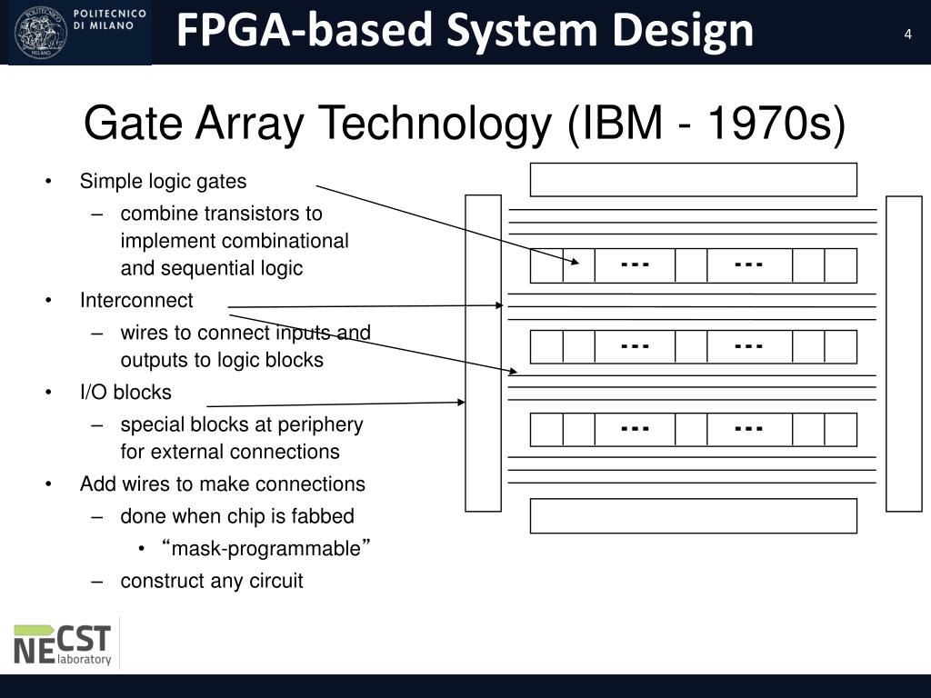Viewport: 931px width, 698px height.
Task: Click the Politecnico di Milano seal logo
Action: click(41, 32)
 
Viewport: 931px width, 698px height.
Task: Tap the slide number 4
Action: click(907, 35)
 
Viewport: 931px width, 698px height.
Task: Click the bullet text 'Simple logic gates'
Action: click(163, 181)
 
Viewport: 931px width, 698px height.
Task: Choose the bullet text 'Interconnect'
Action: click(136, 301)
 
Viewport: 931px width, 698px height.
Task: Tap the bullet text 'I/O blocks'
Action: click(125, 393)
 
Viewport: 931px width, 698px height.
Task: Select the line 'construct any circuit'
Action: click(212, 581)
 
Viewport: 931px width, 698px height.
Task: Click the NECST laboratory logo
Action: click(63, 643)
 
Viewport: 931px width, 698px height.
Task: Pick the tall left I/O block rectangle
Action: click(483, 353)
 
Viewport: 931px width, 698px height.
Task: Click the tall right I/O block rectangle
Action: click(904, 353)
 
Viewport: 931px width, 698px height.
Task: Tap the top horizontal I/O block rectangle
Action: click(693, 180)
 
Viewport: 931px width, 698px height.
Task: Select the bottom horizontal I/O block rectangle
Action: click(693, 516)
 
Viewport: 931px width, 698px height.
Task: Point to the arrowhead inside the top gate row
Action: click(576, 262)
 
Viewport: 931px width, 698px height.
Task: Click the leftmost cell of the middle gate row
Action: click(546, 347)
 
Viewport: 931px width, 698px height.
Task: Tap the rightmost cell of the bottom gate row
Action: click(840, 429)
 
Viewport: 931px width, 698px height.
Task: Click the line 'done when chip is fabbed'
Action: click(237, 516)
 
